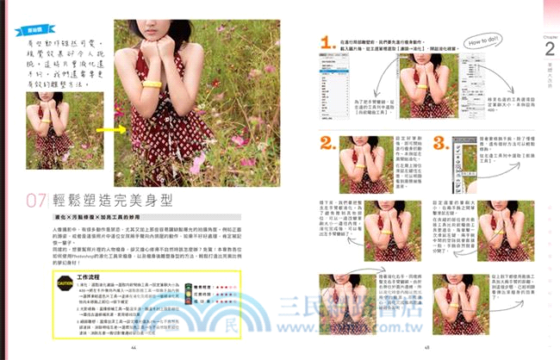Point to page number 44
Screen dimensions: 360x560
pos(134,346)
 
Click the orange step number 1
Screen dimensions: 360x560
pos(327,42)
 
